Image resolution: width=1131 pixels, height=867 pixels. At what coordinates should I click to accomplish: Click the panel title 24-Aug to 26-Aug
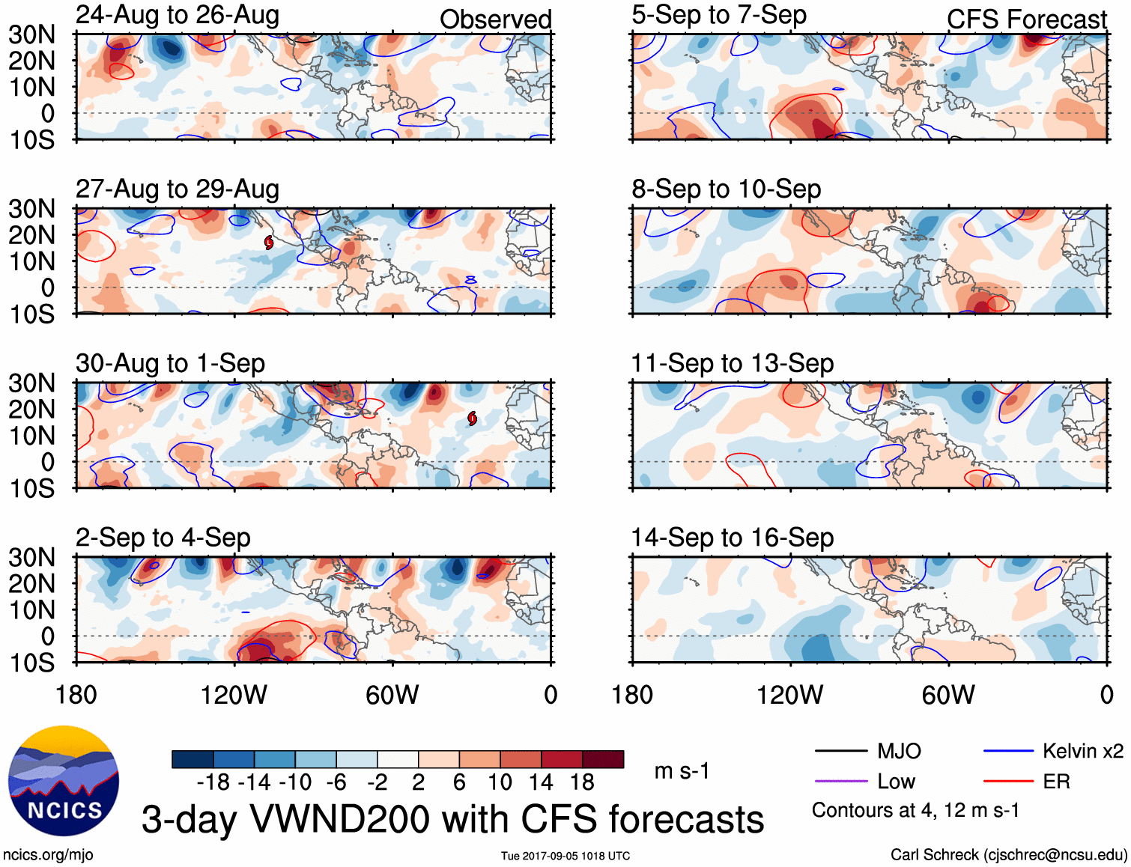pyautogui.click(x=178, y=15)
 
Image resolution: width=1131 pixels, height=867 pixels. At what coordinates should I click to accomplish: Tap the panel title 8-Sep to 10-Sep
pyautogui.click(x=726, y=189)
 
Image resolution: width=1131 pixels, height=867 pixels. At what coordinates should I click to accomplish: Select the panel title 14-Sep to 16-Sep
pyautogui.click(x=732, y=538)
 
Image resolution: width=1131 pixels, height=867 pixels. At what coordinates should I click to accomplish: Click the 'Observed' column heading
pyautogui.click(x=495, y=19)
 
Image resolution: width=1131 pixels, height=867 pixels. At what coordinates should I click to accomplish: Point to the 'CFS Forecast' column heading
pyautogui.click(x=1026, y=19)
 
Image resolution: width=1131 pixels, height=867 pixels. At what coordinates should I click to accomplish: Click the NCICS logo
pyautogui.click(x=64, y=781)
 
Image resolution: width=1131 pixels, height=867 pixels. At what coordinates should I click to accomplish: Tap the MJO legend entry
pyautogui.click(x=899, y=751)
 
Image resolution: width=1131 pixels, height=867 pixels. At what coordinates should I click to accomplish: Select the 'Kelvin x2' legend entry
pyautogui.click(x=1082, y=751)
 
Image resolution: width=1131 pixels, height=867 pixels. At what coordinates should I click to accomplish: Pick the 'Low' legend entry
pyautogui.click(x=896, y=782)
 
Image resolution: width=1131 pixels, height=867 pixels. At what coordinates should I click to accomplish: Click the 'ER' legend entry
pyautogui.click(x=1056, y=782)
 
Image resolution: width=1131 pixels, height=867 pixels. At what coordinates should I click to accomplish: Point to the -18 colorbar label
pyautogui.click(x=213, y=782)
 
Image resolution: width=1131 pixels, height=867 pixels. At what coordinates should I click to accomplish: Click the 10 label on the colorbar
pyautogui.click(x=500, y=782)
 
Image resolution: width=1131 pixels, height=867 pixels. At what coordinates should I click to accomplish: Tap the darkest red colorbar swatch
pyautogui.click(x=603, y=759)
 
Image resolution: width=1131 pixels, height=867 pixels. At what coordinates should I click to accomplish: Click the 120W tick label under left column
pyautogui.click(x=234, y=695)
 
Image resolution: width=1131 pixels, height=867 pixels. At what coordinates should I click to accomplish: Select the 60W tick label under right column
pyautogui.click(x=948, y=695)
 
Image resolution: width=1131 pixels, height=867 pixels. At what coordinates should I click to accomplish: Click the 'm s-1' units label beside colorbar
pyautogui.click(x=682, y=771)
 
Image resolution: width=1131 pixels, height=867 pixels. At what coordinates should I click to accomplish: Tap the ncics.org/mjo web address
pyautogui.click(x=48, y=855)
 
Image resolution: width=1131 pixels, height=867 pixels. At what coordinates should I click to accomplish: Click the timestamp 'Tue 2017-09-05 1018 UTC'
pyautogui.click(x=565, y=856)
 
